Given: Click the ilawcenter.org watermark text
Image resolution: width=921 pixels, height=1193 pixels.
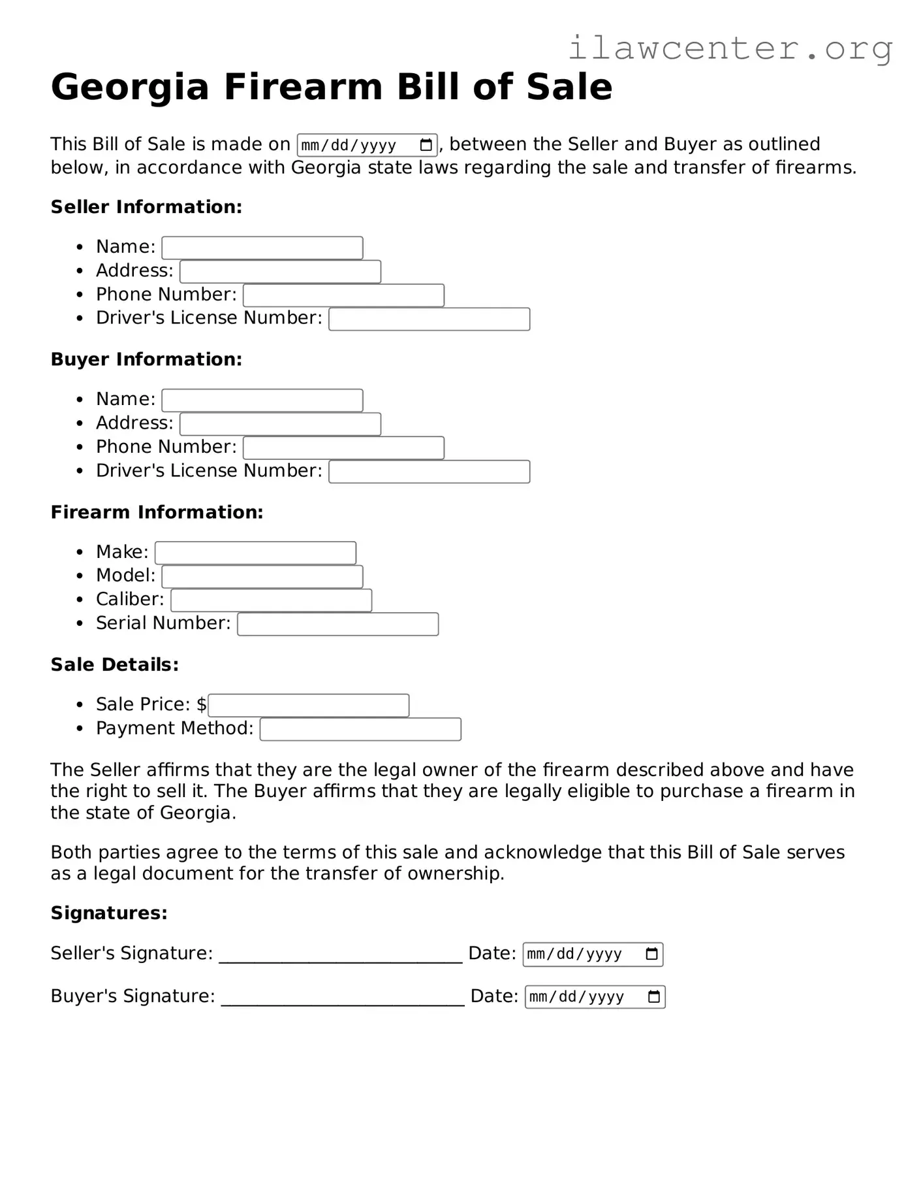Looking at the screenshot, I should coord(730,48).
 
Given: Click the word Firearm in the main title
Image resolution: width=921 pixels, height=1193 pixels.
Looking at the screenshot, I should coord(302,87).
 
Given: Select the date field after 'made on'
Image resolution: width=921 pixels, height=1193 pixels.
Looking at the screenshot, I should coord(367,145).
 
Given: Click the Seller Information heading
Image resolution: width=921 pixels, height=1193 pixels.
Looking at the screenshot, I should coord(146,207).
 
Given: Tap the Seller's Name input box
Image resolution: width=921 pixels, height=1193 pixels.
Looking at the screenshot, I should coord(262,248).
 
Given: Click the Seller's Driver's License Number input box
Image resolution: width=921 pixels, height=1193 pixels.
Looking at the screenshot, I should coord(429,319).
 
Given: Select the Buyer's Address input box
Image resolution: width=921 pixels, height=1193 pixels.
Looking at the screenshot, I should coord(280,424).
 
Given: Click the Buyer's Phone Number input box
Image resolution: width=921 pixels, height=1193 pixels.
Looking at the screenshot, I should coord(343,448).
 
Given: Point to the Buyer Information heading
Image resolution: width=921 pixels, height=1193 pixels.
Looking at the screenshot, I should coord(146,359).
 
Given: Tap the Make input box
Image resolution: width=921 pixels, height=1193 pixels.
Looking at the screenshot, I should coord(255,553).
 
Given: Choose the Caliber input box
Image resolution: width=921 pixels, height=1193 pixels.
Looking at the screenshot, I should coord(271,600).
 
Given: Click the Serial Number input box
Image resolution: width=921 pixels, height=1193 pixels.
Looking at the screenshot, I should coord(337,625).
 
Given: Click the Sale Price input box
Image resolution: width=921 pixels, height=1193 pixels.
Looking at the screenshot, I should coord(309,706).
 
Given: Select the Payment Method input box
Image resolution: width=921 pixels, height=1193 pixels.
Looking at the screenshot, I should coord(360,729).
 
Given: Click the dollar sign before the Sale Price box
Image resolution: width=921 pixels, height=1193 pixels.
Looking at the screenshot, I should coord(202,704).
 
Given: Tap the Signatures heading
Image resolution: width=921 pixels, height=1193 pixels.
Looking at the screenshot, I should coord(109,913).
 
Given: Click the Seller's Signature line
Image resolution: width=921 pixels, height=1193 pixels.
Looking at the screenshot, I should coord(340,956).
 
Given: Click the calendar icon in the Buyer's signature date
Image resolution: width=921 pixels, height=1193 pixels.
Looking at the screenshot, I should coord(653,997).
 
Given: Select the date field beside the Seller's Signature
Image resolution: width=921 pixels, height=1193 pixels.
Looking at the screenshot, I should coord(592,955).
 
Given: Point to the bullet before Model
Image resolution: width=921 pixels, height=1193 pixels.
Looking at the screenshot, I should coord(80,576).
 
